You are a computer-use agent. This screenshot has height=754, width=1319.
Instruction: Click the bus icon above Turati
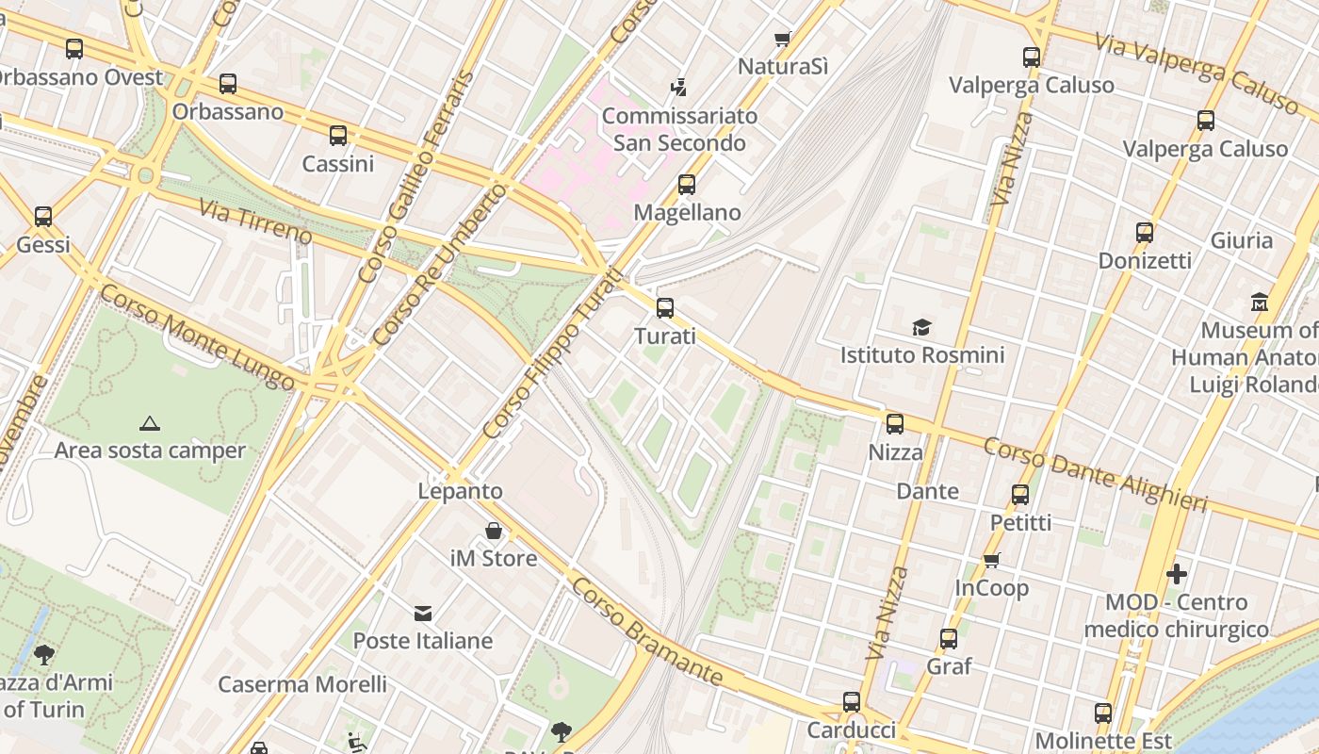coord(665,307)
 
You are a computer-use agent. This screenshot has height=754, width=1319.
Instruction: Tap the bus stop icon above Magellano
coord(687,185)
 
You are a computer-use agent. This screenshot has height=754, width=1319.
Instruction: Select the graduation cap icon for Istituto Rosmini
coord(921,327)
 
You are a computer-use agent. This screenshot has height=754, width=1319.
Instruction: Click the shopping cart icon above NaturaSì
coord(782,39)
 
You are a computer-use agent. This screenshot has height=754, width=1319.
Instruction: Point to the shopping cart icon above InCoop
coord(991,561)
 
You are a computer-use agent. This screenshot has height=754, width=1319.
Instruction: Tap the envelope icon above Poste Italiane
coord(423,614)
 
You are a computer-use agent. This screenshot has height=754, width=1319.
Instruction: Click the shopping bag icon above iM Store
coord(493,531)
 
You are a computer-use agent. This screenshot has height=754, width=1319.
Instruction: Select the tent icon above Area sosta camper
coord(149,423)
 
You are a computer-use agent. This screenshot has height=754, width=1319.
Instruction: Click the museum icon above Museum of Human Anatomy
coord(1260,303)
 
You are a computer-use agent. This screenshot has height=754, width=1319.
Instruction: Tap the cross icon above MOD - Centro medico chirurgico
coord(1176,573)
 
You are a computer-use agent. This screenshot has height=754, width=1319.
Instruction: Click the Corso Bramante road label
coord(647,632)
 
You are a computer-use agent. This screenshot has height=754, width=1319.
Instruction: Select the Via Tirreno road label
coord(254,219)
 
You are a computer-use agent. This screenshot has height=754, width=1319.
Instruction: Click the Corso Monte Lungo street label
coord(197,337)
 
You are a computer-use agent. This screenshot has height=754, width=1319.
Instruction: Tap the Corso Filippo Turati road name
coord(553,353)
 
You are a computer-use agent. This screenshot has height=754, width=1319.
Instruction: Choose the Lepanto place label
coord(460,491)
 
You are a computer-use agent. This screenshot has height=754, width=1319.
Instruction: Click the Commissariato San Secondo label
coord(679,130)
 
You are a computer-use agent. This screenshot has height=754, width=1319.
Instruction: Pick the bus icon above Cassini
coord(338,136)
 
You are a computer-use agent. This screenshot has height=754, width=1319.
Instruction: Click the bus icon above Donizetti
coord(1145,233)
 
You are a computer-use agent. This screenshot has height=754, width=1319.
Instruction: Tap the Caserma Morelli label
coord(302,684)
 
